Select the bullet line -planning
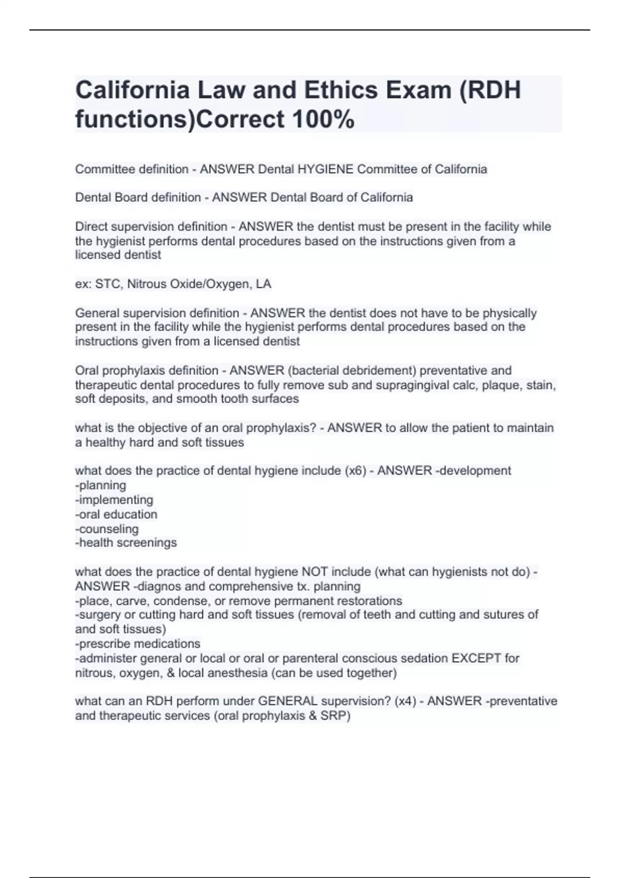click(x=101, y=485)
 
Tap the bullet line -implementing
click(x=114, y=500)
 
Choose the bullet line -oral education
click(x=116, y=514)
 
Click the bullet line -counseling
click(x=107, y=529)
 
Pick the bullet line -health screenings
click(x=126, y=543)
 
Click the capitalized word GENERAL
click(x=288, y=701)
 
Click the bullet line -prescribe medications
click(x=138, y=644)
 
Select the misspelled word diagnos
click(x=157, y=587)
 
